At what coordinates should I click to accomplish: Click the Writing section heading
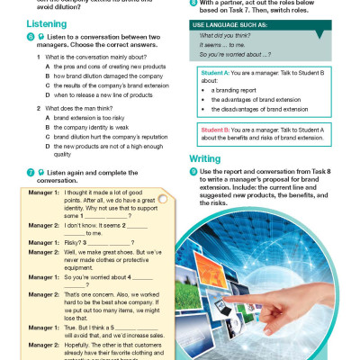click(207, 158)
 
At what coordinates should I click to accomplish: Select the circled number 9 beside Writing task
click(193, 172)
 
